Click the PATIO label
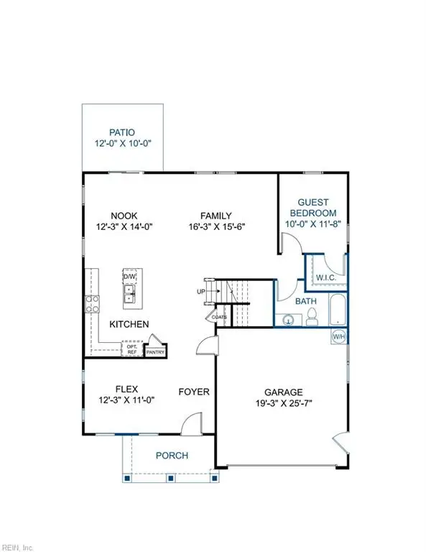(123, 132)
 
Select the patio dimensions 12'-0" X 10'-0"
(123, 144)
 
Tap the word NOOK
(124, 214)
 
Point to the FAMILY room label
(216, 214)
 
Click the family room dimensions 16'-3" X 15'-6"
(216, 226)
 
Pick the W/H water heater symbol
(338, 336)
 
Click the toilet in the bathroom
(313, 317)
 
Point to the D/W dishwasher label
(130, 277)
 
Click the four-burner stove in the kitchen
(92, 303)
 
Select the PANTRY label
(156, 352)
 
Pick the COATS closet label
(220, 317)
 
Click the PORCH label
(172, 456)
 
